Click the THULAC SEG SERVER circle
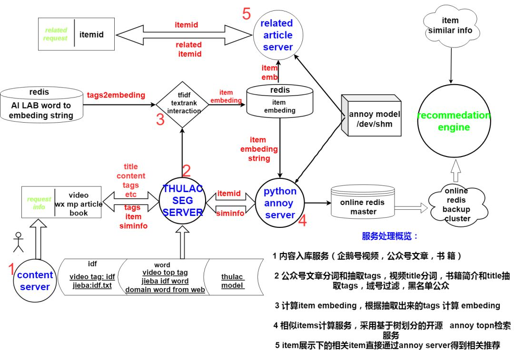[183, 201]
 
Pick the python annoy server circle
[280, 203]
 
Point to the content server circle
[35, 281]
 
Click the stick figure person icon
[18, 242]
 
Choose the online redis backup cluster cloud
[456, 205]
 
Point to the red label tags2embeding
[116, 95]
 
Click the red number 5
[246, 14]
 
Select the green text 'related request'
[56, 34]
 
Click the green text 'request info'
[39, 203]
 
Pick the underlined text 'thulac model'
[232, 281]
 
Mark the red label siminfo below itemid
[230, 214]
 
